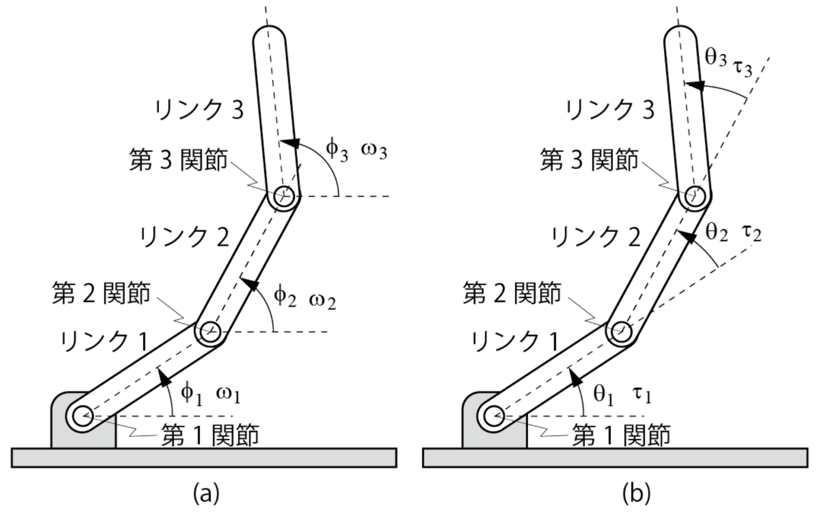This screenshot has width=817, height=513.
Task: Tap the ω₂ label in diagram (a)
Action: [322, 301]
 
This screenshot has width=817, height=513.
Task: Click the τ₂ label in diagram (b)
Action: [752, 233]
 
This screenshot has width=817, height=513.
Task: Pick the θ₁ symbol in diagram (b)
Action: [603, 394]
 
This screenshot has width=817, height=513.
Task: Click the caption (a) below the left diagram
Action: [206, 493]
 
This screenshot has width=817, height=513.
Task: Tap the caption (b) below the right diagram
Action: [636, 493]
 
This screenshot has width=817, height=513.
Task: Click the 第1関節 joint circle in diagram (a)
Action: [83, 416]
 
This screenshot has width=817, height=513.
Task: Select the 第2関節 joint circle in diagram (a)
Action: [210, 331]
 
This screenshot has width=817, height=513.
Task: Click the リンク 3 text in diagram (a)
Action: [199, 110]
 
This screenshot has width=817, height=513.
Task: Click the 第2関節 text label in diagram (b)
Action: [512, 293]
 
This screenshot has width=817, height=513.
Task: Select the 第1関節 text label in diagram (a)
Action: [210, 435]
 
